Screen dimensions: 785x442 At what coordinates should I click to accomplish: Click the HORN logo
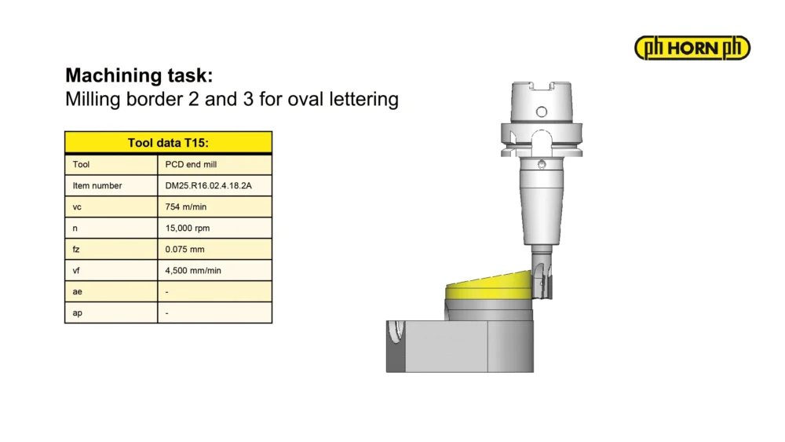[692, 48]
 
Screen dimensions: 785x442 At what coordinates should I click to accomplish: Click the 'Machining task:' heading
[139, 75]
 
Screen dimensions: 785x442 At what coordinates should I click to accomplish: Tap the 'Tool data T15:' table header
[168, 143]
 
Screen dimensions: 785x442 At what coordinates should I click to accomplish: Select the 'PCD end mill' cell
[191, 164]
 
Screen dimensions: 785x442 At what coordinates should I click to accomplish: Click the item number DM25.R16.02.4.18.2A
[208, 186]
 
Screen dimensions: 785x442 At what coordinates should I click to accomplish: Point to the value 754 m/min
[186, 206]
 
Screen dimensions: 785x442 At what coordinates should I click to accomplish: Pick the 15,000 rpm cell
[188, 228]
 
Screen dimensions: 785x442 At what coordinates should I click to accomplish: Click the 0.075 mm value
[184, 250]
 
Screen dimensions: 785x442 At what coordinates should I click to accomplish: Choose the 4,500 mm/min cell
[193, 270]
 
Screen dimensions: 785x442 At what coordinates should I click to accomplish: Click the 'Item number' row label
[97, 186]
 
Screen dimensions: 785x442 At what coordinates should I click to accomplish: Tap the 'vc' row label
[77, 207]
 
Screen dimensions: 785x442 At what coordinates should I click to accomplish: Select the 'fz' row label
[76, 250]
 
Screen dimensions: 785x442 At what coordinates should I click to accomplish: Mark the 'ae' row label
[77, 292]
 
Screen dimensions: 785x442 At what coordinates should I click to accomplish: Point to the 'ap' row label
[77, 313]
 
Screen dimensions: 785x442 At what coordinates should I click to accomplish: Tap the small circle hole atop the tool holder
[541, 111]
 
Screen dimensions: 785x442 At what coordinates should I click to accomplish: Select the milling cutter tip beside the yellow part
[542, 280]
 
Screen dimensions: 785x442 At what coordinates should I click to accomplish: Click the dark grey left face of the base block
[396, 346]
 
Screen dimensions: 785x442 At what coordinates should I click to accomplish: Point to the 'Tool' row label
[81, 164]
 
